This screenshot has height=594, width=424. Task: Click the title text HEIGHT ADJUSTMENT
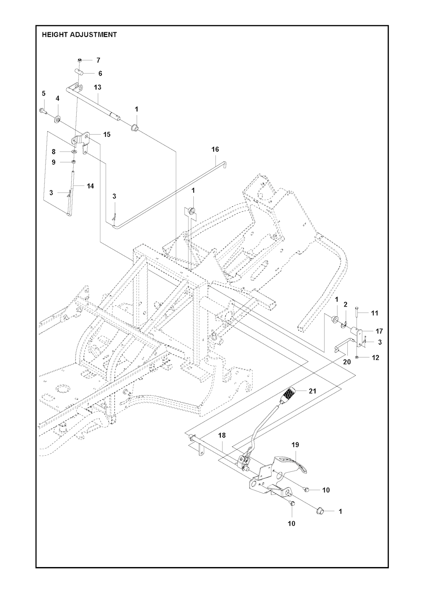coord(79,35)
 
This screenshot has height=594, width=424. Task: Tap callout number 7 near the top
coord(98,60)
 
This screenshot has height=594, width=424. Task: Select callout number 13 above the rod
coord(98,87)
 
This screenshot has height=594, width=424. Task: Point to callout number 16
coord(215,149)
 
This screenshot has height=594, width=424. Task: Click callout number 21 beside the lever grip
coord(312,391)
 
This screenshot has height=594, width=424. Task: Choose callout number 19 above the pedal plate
coord(295,444)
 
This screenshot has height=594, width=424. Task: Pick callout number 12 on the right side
coord(376,357)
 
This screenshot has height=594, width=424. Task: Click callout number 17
coord(379,331)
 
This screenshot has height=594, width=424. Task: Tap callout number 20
coord(347,362)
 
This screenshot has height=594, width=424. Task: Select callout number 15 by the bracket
coord(107,135)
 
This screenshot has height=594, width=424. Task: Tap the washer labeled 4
coord(57,120)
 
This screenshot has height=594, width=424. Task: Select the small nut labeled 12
coord(357,357)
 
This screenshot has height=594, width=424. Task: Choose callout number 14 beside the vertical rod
coord(90,186)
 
